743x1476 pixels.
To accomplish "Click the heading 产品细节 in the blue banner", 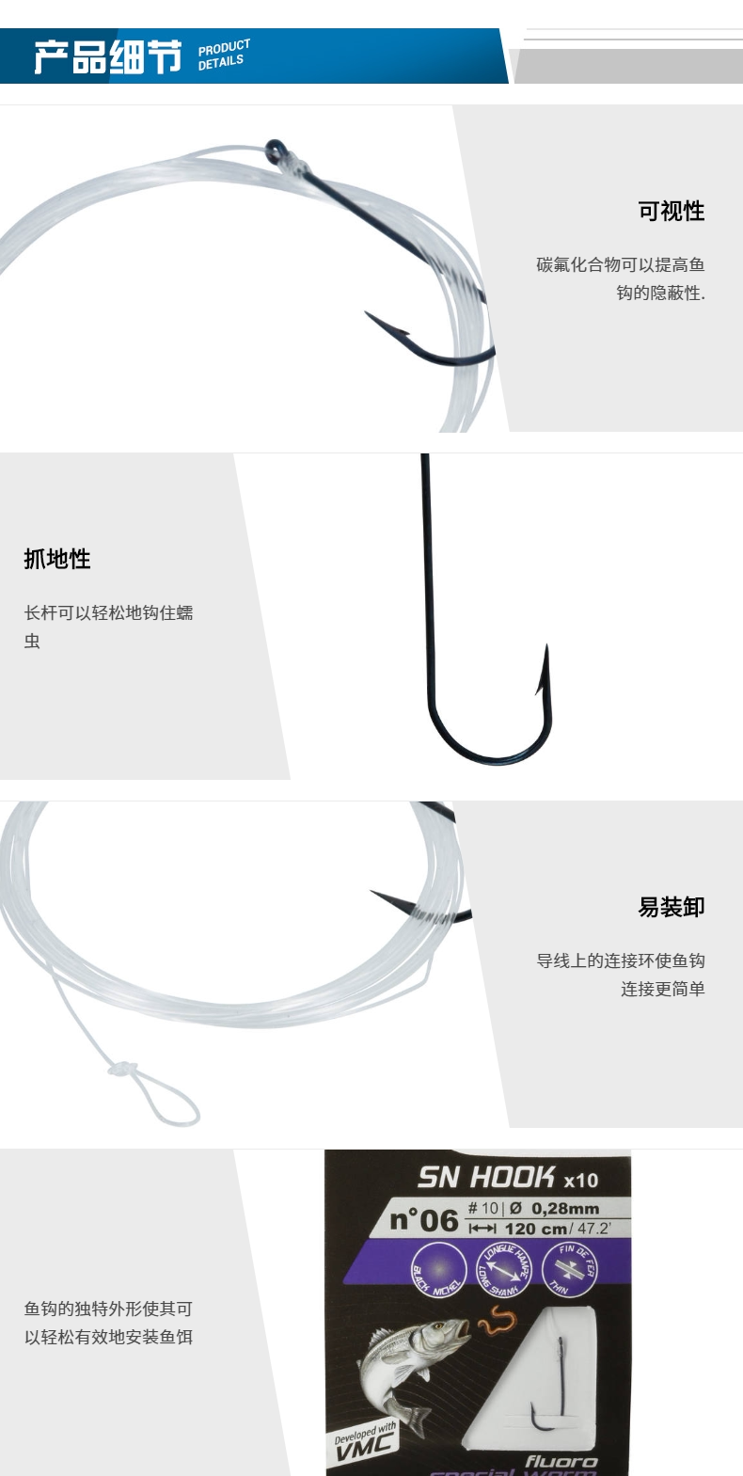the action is (x=107, y=57).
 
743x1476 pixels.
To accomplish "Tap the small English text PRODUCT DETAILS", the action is (x=224, y=55).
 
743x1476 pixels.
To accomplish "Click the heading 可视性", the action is (x=671, y=212).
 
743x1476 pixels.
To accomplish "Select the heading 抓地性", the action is (x=57, y=559).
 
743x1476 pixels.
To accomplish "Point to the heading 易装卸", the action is (x=671, y=907).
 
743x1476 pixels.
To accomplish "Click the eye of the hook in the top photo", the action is (x=275, y=149).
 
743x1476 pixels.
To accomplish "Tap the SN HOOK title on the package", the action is (x=487, y=1177).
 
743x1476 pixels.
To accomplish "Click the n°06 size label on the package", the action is (x=424, y=1220).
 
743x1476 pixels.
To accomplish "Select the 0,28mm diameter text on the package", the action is (x=564, y=1209).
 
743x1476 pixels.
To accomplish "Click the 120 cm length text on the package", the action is (x=536, y=1229).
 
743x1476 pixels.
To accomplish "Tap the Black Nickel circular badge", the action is (x=436, y=1268).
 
